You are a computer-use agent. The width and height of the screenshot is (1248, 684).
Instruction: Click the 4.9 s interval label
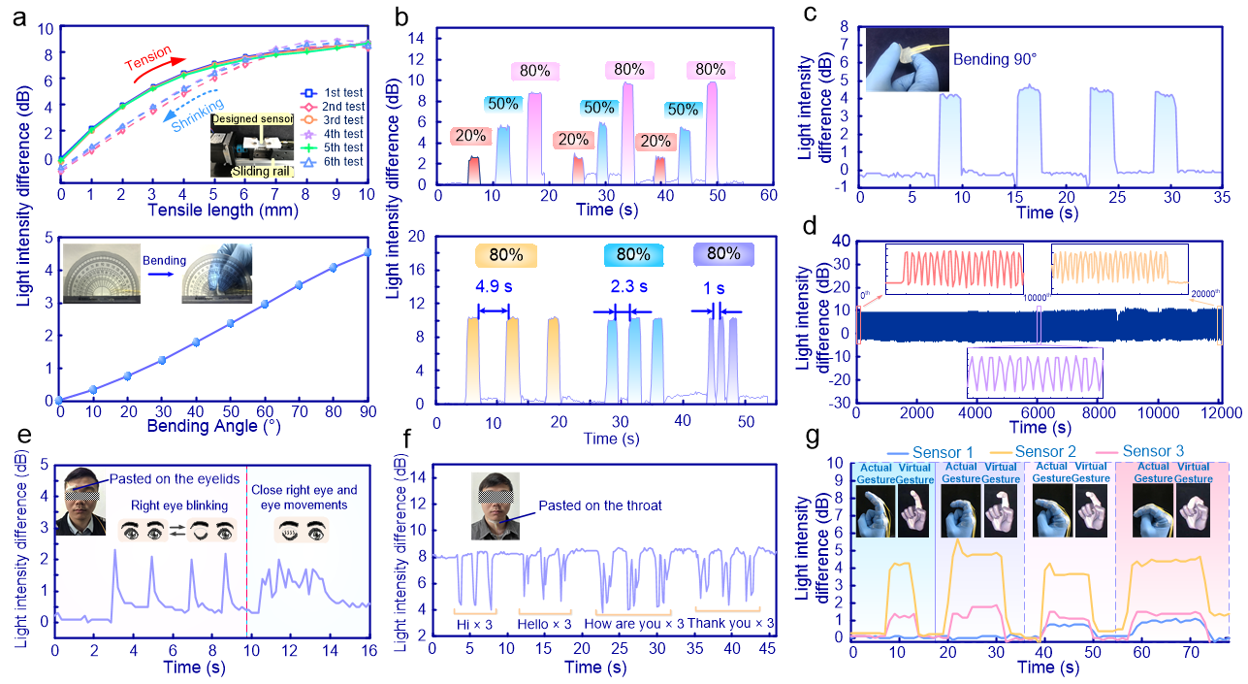493,286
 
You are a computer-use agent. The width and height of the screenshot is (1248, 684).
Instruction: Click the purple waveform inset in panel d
1036,373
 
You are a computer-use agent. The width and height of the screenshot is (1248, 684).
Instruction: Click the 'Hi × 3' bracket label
475,623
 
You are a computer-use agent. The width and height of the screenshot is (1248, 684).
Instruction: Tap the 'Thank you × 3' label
731,623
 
